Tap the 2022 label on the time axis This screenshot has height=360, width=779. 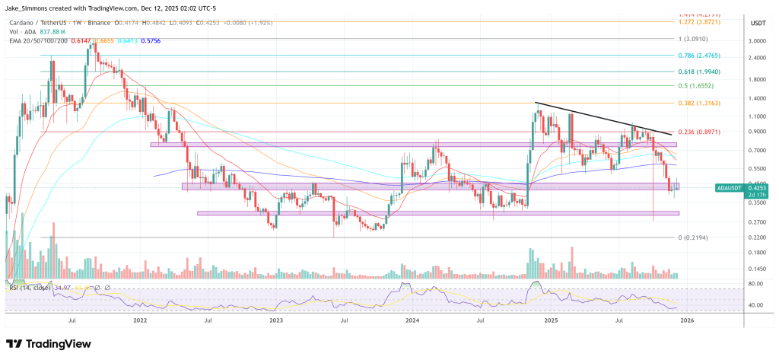click(139, 321)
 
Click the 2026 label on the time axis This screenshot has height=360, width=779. click(688, 321)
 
